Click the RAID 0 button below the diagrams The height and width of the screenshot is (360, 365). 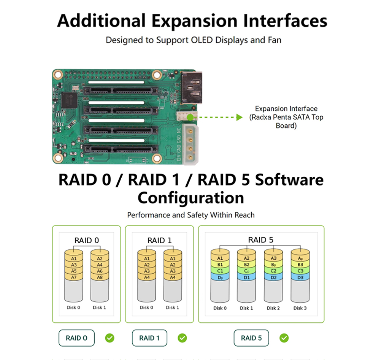(76, 338)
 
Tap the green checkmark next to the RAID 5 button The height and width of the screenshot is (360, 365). (284, 338)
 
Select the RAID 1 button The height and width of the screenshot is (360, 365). (149, 338)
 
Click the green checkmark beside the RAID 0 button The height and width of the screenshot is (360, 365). (109, 338)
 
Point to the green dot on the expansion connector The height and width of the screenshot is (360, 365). (190, 117)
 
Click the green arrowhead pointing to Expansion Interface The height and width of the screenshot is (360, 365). (239, 117)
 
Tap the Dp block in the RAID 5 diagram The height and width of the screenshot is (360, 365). (220, 277)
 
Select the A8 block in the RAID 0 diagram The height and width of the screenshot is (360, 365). (100, 277)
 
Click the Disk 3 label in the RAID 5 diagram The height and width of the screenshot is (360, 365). (300, 308)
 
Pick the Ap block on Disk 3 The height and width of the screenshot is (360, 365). (300, 258)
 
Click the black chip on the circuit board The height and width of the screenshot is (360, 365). (69, 100)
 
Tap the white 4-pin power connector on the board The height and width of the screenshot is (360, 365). (190, 144)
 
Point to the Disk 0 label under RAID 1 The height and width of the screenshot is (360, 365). (146, 308)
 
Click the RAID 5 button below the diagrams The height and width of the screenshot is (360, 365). (251, 338)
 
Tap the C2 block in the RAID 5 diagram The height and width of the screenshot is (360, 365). (273, 271)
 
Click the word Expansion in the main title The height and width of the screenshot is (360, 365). (194, 21)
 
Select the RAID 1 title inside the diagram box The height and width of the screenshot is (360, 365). (159, 240)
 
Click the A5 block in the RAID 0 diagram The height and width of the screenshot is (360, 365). (74, 271)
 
